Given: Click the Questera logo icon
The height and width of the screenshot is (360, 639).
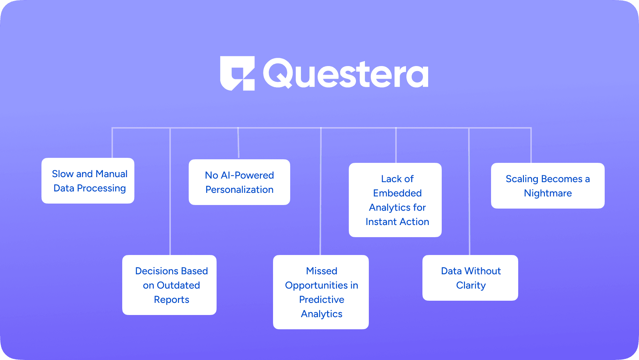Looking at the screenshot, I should click(237, 73).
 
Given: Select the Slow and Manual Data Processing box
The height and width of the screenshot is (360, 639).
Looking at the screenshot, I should click(88, 181).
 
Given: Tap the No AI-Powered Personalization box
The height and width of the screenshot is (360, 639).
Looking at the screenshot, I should click(239, 182).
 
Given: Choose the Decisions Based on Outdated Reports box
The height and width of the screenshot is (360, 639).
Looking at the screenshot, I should click(169, 285).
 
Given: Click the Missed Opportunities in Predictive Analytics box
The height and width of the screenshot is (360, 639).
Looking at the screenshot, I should click(321, 292).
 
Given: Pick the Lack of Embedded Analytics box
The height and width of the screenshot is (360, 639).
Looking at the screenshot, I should click(395, 200).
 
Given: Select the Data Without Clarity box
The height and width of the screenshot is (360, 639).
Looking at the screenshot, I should click(470, 278).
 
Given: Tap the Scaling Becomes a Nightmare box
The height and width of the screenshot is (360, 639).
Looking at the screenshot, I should click(548, 186).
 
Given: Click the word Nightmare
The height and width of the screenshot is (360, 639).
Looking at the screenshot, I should click(548, 193).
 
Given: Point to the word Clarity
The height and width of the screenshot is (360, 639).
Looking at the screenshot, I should click(471, 285).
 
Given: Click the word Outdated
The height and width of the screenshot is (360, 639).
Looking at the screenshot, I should click(178, 285).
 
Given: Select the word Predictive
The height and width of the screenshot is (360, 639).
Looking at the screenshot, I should click(322, 300).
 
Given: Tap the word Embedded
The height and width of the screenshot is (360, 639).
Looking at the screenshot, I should click(397, 193).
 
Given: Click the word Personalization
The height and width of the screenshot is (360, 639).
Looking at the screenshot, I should click(239, 190).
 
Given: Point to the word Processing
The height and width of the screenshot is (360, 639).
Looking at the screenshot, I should click(101, 188).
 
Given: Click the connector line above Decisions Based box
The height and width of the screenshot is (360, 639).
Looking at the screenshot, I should click(170, 193).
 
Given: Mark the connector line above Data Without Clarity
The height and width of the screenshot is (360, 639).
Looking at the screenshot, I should click(469, 193).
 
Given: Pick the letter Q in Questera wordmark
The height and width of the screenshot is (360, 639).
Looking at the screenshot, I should click(278, 73).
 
